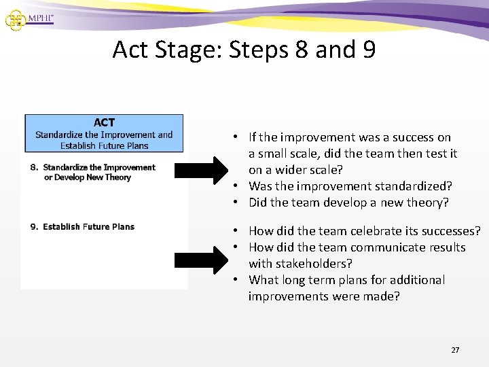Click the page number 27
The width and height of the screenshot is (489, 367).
(455, 350)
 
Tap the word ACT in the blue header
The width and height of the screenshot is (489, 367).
(104, 123)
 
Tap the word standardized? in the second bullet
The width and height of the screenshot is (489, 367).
(417, 186)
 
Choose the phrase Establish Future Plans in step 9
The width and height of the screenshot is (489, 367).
(88, 227)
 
